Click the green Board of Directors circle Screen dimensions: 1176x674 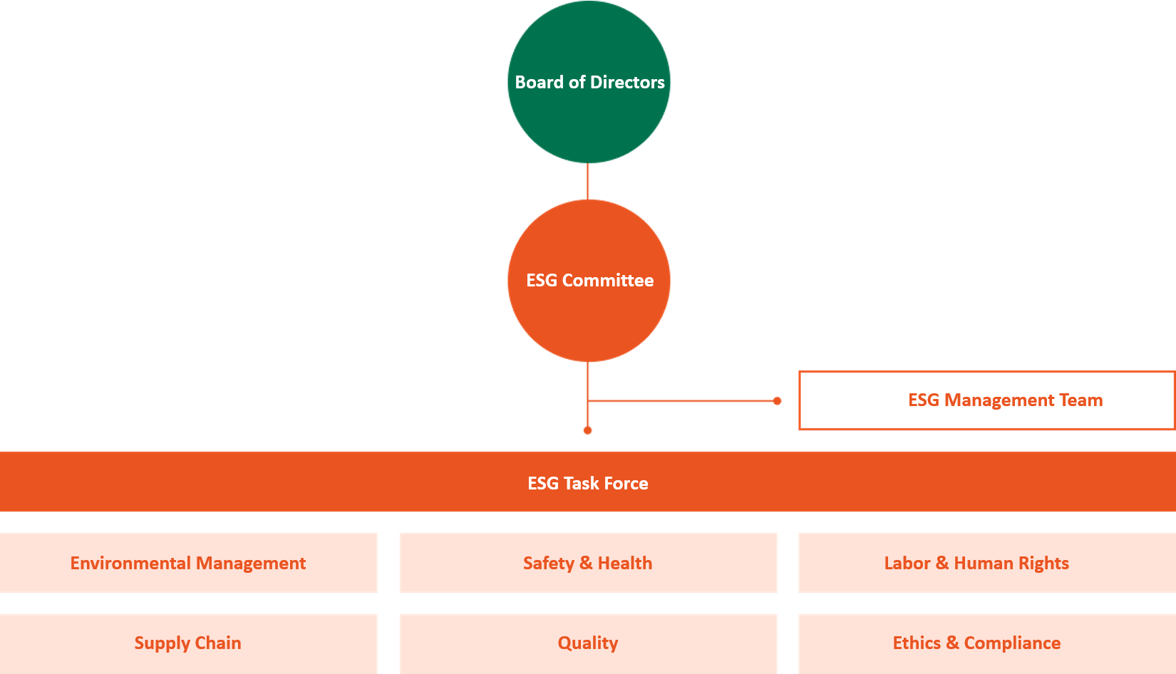pos(589,82)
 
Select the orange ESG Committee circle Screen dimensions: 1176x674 pos(589,281)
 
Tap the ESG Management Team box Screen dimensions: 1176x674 pos(987,400)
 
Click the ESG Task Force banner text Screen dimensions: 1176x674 pos(588,483)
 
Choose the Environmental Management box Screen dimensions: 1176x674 pos(188,563)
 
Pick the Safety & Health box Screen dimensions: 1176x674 pos(588,563)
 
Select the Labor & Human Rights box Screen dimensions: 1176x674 pos(987,563)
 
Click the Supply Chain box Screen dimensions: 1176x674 pos(188,643)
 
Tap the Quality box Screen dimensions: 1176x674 pos(588,643)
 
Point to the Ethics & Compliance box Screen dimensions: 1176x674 pos(987,643)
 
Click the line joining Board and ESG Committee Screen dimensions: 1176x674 pos(587,182)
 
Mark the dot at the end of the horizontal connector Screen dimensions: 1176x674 pos(777,401)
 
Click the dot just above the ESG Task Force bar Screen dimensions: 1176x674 pos(587,430)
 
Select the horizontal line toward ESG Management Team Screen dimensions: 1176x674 pos(682,401)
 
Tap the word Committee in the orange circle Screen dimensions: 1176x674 pos(608,280)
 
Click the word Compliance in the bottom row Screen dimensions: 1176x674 pos(1012,643)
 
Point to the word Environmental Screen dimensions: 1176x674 pos(130,564)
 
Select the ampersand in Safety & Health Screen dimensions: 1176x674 pos(585,564)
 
